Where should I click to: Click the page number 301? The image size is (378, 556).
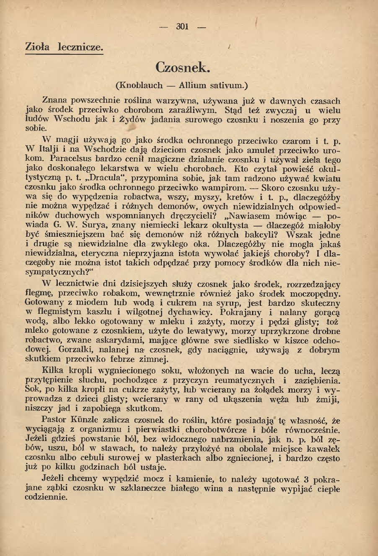tap(182, 27)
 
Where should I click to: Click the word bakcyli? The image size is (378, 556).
tap(256, 235)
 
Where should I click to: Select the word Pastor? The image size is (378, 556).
tap(55, 420)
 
